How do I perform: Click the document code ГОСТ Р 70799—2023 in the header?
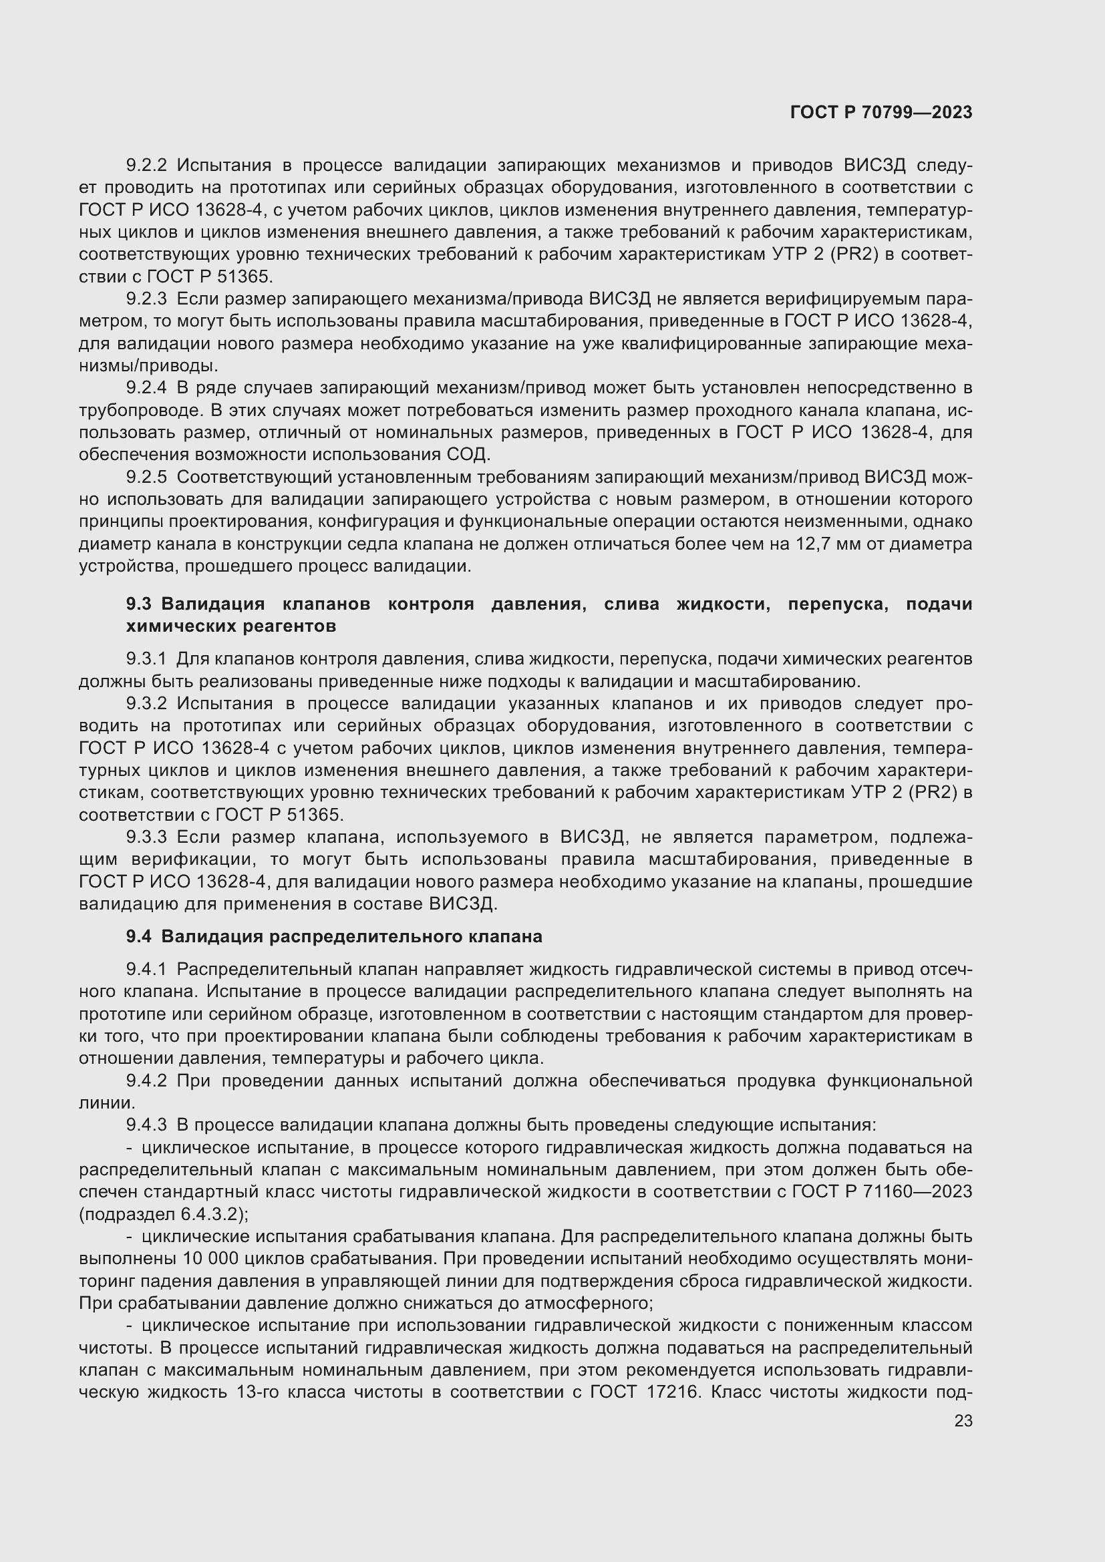881,113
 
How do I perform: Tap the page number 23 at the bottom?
963,1420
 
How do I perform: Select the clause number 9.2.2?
146,166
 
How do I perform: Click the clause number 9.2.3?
146,299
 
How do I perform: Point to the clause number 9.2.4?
146,388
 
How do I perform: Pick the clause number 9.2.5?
146,477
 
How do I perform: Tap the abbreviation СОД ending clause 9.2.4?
468,455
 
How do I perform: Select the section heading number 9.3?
139,604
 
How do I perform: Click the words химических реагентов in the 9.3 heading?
230,626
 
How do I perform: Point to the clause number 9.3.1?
146,658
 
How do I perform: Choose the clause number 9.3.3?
146,837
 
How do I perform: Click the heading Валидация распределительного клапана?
352,937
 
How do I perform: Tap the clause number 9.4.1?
146,969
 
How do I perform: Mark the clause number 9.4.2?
146,1081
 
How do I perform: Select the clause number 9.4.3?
146,1125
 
